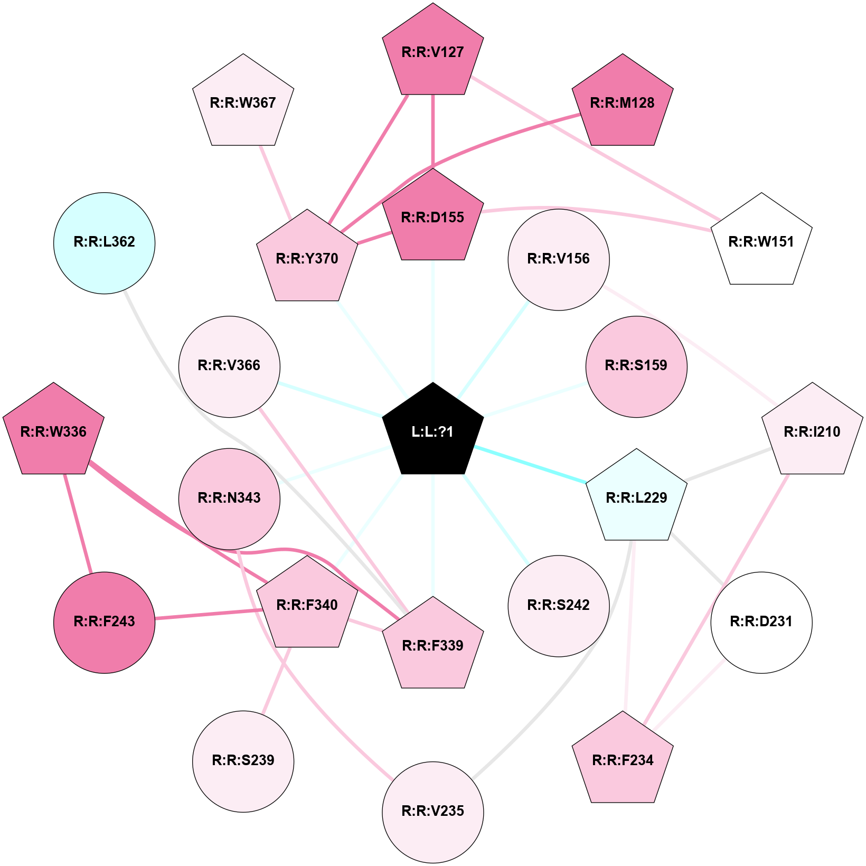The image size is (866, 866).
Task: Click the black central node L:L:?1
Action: [432, 431]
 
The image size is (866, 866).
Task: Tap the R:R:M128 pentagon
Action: [623, 102]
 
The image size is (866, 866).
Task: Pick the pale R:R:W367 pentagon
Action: [243, 102]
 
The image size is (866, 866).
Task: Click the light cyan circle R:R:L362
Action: [105, 242]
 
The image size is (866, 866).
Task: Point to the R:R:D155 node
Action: [432, 217]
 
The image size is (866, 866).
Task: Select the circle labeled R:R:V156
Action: [559, 259]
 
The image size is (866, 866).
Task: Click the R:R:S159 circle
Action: [636, 366]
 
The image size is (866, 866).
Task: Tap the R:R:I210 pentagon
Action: [812, 431]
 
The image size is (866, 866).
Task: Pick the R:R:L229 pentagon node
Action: [636, 497]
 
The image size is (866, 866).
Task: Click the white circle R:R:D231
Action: [761, 622]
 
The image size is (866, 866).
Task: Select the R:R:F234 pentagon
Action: [623, 760]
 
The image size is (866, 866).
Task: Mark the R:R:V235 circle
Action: [432, 812]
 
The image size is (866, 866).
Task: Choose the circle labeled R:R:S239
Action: [243, 761]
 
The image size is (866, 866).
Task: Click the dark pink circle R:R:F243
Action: [105, 622]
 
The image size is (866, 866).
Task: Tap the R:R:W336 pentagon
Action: [53, 431]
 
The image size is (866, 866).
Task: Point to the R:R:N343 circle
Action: [229, 498]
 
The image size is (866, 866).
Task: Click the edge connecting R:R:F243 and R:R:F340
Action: [209, 614]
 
